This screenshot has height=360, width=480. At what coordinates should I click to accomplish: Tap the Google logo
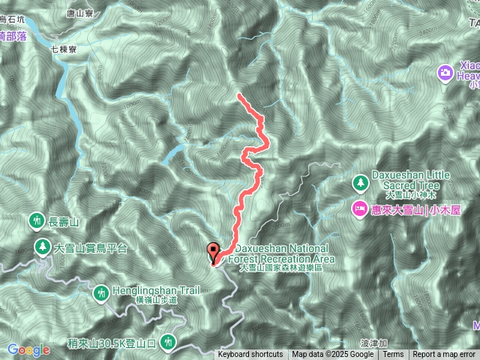(28, 349)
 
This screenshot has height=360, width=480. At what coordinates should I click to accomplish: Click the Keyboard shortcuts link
(250, 355)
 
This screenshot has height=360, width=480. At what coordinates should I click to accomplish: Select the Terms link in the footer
(393, 355)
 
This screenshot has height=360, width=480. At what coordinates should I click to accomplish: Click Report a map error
(444, 355)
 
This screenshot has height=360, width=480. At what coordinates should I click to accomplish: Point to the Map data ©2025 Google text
(332, 355)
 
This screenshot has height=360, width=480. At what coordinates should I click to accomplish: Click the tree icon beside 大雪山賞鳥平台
(43, 246)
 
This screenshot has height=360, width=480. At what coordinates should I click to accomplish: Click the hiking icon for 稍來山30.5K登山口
(169, 341)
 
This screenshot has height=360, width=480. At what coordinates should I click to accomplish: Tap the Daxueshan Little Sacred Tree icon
(361, 183)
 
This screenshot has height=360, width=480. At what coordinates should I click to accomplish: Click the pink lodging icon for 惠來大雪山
(359, 207)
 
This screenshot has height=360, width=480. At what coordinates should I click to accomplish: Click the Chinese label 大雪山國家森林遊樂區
(280, 268)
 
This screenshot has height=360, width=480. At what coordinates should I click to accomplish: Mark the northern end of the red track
(238, 95)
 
